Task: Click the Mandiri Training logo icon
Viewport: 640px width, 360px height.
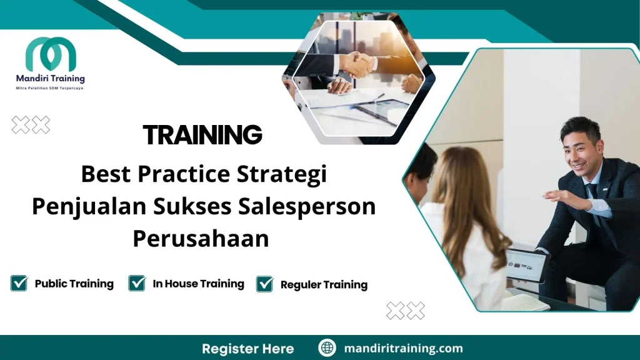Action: point(51,54)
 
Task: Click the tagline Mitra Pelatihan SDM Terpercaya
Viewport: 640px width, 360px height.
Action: point(50,88)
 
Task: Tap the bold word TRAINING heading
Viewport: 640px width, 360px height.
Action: point(202,135)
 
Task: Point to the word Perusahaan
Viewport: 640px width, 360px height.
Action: point(201,239)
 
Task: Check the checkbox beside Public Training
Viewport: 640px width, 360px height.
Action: point(19,283)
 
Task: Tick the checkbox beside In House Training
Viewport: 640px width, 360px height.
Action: point(137,283)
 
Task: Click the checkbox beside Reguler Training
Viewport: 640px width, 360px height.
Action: point(265,284)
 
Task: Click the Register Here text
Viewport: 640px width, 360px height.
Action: point(247,348)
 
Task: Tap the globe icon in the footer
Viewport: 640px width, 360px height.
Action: point(327,348)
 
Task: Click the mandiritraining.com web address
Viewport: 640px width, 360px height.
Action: point(404,348)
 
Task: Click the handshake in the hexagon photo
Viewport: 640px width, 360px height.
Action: point(357,64)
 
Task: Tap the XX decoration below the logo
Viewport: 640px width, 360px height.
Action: point(31,125)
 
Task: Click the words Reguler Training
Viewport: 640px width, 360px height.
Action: point(324,285)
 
